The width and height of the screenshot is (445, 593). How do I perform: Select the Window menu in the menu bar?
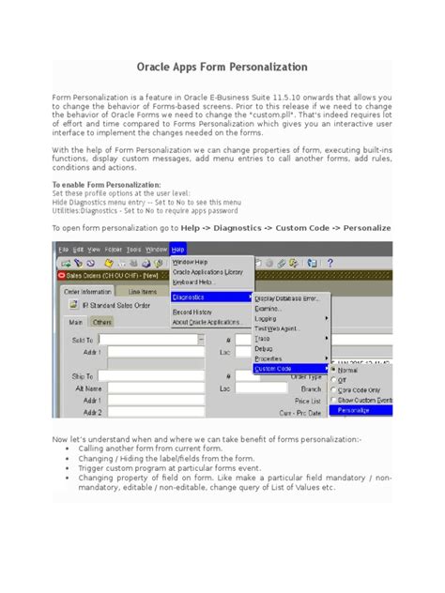(156, 250)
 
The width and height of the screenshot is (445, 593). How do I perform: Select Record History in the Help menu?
(192, 312)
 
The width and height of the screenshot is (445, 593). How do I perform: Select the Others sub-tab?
(101, 322)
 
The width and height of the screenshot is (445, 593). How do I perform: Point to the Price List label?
(308, 400)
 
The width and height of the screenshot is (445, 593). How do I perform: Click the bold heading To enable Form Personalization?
(106, 186)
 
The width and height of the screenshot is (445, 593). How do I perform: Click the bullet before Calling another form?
(68, 449)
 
